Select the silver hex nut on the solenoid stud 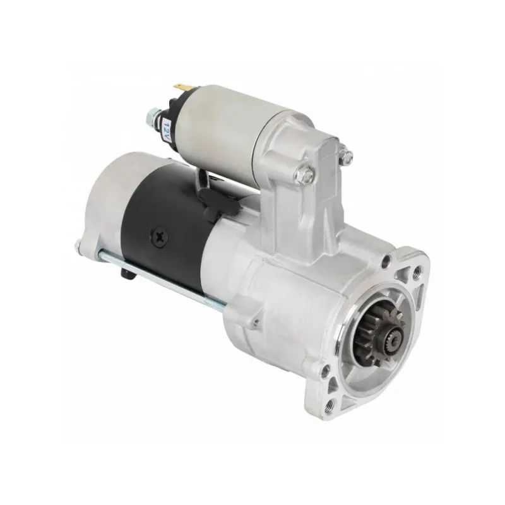click(x=152, y=117)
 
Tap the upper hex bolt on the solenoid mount click(x=345, y=155)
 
